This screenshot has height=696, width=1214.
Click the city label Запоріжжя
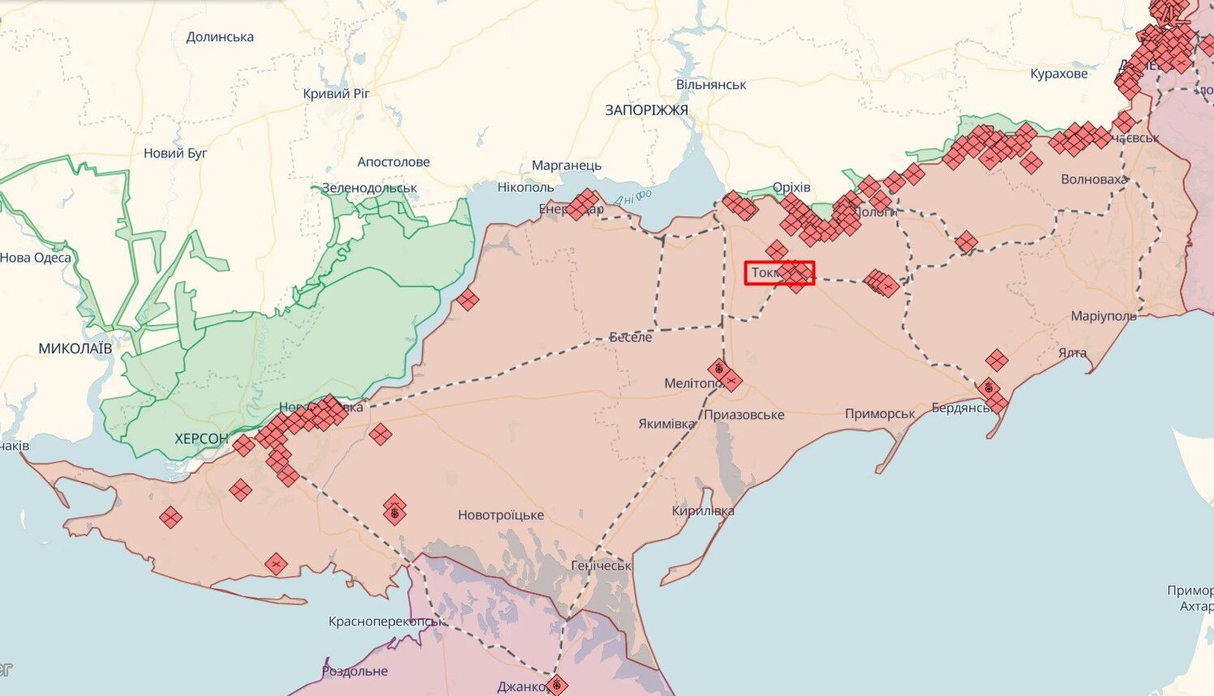[646, 110]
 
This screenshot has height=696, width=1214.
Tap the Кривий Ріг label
[336, 94]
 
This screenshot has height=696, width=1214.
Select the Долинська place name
[220, 37]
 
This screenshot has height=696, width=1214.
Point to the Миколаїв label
[75, 348]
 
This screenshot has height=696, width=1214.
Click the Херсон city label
[201, 438]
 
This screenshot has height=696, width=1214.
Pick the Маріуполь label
[1104, 316]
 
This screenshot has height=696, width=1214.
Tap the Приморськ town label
[880, 414]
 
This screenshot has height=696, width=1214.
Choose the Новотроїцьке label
[500, 515]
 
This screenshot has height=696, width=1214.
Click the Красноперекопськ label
[387, 622]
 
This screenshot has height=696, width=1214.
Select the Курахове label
[1059, 74]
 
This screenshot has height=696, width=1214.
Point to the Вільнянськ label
[711, 84]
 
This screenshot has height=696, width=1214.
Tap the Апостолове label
[393, 162]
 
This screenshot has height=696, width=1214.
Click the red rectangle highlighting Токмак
[779, 273]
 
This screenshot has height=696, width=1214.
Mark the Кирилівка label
[703, 511]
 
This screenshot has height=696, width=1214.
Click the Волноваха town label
[1094, 179]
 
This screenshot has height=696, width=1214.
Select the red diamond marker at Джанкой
[556, 685]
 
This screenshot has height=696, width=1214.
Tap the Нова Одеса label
[36, 258]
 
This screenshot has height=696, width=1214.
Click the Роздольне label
[354, 672]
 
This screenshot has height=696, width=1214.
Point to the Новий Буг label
[175, 153]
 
